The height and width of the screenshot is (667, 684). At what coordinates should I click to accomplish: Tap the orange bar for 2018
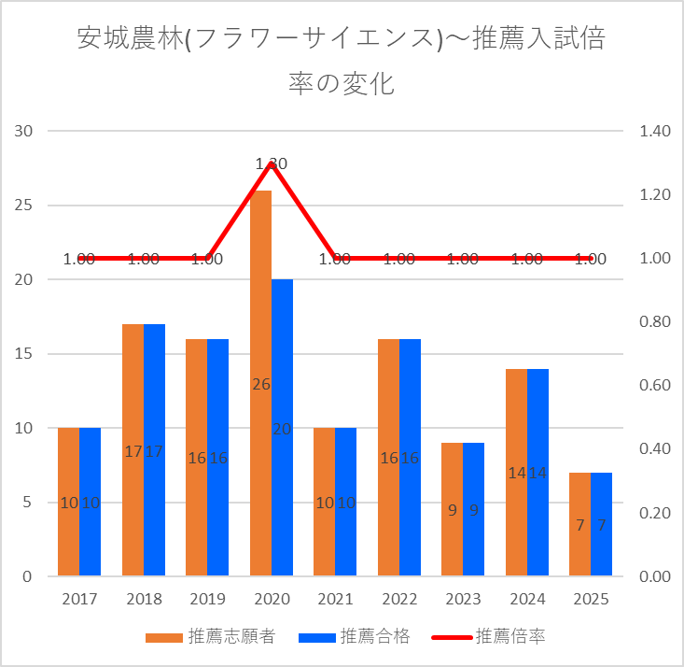tap(133, 392)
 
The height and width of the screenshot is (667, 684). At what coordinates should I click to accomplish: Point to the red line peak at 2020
tap(271, 163)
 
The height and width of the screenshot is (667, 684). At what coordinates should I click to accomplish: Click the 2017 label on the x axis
tap(79, 599)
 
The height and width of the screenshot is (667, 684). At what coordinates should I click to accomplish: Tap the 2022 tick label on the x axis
tap(398, 599)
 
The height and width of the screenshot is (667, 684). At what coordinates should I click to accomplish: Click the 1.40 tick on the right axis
tap(656, 132)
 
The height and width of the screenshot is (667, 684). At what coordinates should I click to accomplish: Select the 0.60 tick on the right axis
tap(656, 386)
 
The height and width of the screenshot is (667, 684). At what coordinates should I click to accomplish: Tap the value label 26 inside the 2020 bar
tap(260, 384)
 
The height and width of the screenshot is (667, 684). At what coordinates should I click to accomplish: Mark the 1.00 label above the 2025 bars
tap(591, 259)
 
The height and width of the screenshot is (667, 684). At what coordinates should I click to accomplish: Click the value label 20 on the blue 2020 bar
tap(282, 429)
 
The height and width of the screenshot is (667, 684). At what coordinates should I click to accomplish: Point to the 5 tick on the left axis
tap(27, 503)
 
